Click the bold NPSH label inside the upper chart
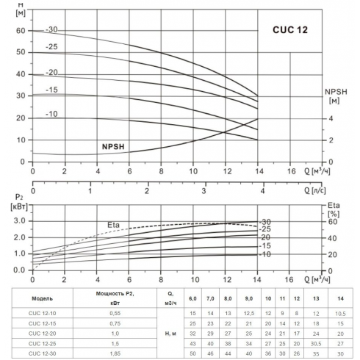(115, 146)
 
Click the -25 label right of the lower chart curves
(265, 229)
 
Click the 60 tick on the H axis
(19, 31)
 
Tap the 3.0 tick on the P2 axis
(18, 220)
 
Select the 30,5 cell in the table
(316, 345)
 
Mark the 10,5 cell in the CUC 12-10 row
(340, 314)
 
